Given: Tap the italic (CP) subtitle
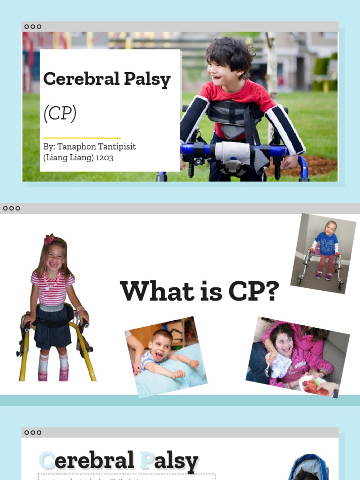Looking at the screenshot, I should tap(60, 113).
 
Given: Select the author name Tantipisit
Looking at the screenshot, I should tap(112, 147).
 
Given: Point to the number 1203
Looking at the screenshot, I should tap(105, 158).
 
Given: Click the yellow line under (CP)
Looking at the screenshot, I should tap(82, 138).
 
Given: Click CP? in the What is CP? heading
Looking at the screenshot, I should tap(254, 292).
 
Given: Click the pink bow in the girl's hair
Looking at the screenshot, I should tap(49, 239).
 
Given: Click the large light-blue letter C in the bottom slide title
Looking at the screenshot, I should tap(46, 461).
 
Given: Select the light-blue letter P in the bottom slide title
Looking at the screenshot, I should tap(146, 461).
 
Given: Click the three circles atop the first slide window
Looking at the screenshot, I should tap(33, 27).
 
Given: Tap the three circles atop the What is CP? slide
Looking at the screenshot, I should tap(11, 208).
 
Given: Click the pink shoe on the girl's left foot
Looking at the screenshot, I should tap(64, 375).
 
